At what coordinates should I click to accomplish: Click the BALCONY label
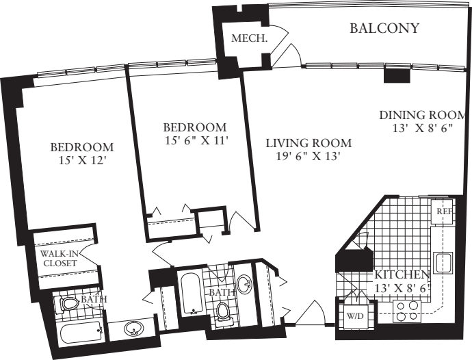tap(384, 29)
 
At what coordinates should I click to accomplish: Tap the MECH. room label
tap(248, 38)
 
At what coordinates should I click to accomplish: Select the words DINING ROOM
tap(423, 115)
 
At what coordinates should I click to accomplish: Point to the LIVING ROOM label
tap(309, 143)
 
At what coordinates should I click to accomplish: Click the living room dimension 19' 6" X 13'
tap(307, 156)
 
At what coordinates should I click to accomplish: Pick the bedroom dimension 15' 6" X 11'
tap(194, 140)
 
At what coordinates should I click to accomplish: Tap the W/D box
tap(354, 317)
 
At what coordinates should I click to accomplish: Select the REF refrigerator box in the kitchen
tap(445, 211)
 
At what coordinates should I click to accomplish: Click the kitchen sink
tap(444, 262)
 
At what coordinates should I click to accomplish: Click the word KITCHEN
tap(402, 275)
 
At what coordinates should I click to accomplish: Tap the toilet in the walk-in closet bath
tap(69, 305)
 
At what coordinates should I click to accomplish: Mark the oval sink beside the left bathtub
tap(133, 330)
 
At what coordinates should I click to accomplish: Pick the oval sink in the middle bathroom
tap(244, 283)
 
